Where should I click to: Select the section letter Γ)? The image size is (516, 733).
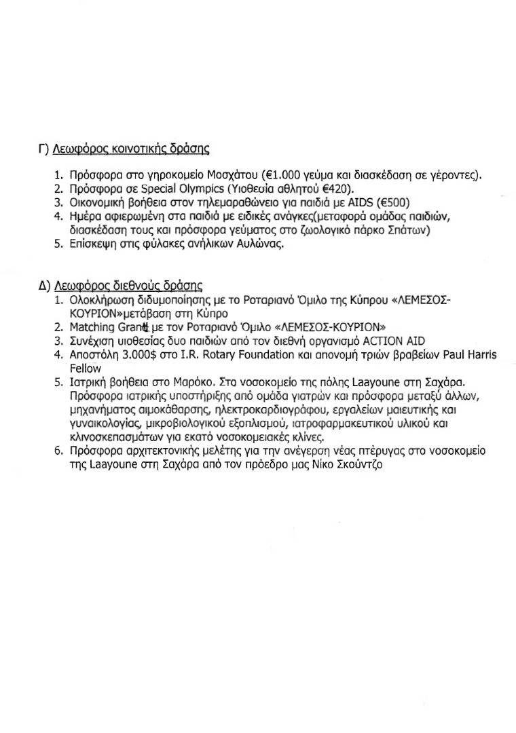pos(43,147)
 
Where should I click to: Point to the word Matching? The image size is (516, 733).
pos(94,326)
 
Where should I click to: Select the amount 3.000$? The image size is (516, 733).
pos(136,354)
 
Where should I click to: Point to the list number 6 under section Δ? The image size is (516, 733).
pos(59,452)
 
